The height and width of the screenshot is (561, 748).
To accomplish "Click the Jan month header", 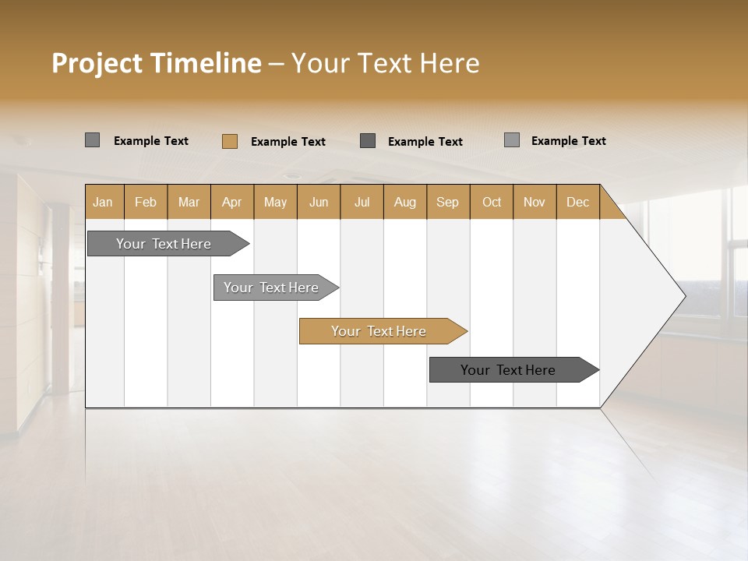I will [x=104, y=202].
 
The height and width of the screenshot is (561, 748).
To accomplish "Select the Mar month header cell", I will [x=189, y=202].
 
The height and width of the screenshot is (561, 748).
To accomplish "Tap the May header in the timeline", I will [x=275, y=202].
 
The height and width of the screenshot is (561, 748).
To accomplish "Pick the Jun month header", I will [x=319, y=202].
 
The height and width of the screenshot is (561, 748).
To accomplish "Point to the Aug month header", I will [x=404, y=202].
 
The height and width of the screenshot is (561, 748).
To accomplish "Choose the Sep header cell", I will [x=448, y=202].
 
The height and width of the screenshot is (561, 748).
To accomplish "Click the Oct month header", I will [x=492, y=202].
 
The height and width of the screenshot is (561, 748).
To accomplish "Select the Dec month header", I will [x=577, y=202].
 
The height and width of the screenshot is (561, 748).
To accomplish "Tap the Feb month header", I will [x=146, y=202].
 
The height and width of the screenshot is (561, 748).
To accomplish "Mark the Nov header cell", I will [x=535, y=202].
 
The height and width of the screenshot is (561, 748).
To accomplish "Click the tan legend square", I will [x=229, y=141].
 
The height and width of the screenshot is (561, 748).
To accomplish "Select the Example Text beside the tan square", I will [x=288, y=142].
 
